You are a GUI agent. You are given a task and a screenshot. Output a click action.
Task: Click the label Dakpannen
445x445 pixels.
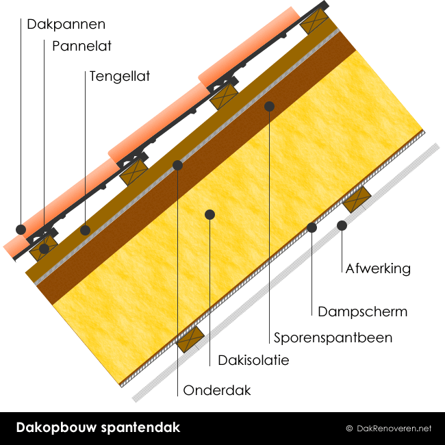tap(66, 25)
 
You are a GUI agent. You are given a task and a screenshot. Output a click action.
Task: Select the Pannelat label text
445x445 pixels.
tap(81, 47)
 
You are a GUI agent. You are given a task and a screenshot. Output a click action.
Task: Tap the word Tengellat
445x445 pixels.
tap(119, 76)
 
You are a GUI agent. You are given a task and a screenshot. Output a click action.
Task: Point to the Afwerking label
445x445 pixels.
tap(378, 268)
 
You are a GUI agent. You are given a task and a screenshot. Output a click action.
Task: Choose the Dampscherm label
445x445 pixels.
tap(362, 311)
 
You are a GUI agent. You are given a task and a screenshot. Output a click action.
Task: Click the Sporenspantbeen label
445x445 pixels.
tap(333, 338)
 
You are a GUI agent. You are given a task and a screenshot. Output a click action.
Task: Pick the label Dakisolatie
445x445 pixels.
tap(253, 360)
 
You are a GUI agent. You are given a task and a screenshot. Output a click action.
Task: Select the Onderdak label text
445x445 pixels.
tap(217, 391)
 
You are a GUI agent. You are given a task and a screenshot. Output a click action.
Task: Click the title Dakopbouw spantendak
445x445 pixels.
tap(98, 428)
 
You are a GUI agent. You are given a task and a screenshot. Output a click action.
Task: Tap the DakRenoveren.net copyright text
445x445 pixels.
tap(388, 429)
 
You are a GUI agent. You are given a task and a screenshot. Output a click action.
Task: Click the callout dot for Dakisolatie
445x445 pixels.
tap(210, 214)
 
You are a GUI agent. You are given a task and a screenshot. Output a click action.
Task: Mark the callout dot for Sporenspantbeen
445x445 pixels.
tap(270, 106)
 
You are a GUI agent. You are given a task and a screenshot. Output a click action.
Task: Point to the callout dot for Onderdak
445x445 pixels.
tap(178, 165)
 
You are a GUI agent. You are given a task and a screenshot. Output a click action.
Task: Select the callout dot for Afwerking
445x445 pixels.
tap(342, 225)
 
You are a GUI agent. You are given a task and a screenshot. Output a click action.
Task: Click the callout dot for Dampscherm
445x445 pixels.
tap(312, 227)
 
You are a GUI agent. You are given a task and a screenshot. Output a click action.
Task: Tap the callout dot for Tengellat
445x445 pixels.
tap(85, 230)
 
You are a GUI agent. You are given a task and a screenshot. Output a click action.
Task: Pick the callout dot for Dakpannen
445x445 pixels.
tap(21, 229)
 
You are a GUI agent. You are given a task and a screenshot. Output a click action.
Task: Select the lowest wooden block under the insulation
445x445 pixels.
tap(191, 340)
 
